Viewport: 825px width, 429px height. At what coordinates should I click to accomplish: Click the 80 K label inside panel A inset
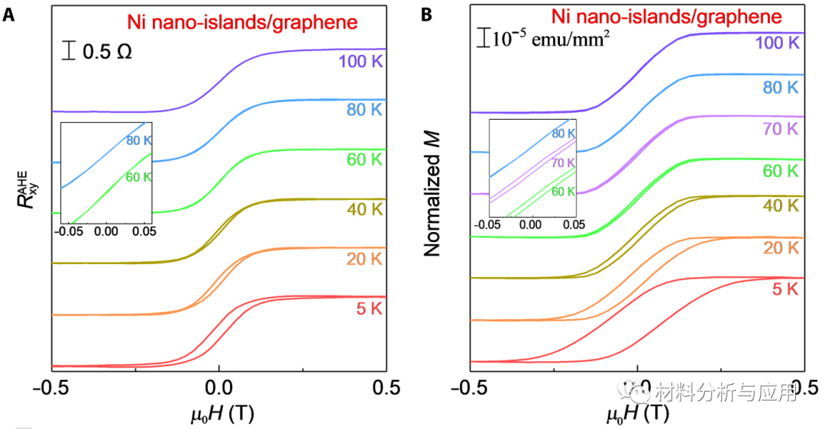click(140, 141)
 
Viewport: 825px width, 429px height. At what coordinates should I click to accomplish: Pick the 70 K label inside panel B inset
click(562, 163)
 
